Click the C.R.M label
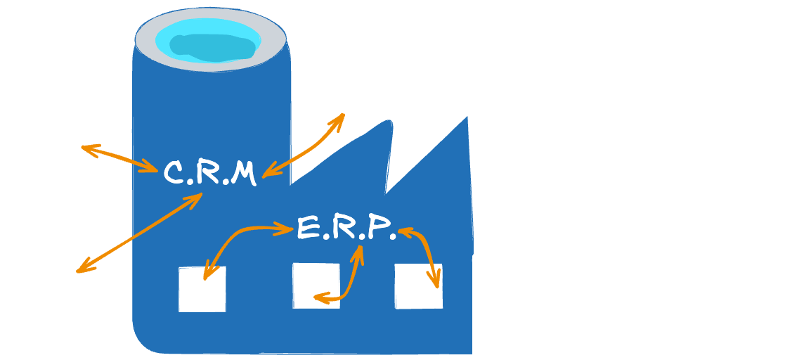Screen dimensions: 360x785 tap(209, 173)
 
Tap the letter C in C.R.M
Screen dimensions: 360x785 tap(174, 173)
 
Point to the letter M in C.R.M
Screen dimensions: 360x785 tap(242, 173)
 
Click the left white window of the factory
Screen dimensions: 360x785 tap(202, 289)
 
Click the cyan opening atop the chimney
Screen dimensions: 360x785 tap(210, 40)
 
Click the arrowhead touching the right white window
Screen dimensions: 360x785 tap(435, 281)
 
